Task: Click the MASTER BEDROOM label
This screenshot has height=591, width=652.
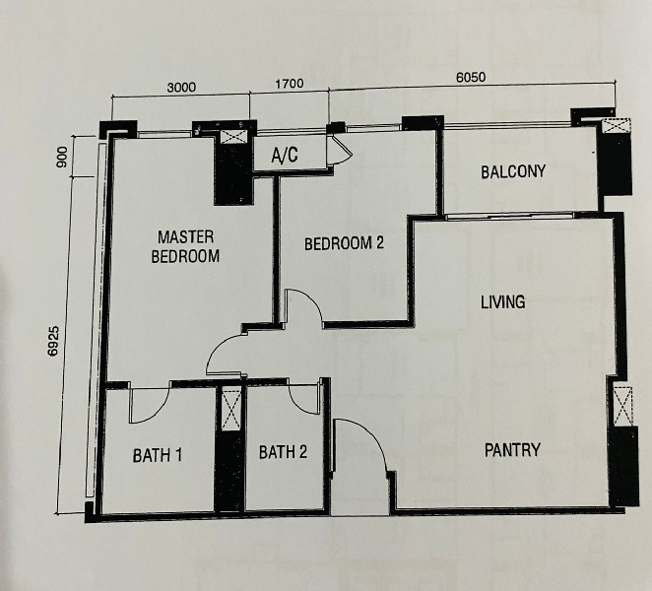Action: [x=185, y=246]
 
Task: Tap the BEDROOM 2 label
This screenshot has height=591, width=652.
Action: [x=344, y=243]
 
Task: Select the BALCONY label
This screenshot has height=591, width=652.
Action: [x=513, y=171]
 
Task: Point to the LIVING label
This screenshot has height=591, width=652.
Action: [x=502, y=302]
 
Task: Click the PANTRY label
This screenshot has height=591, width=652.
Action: [x=512, y=450]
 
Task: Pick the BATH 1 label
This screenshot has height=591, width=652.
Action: [x=158, y=455]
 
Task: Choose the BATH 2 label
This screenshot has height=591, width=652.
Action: [x=283, y=452]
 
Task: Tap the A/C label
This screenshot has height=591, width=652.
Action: [x=285, y=155]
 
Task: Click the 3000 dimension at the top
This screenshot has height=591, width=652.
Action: [x=181, y=88]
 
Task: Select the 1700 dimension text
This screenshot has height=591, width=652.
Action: [x=289, y=83]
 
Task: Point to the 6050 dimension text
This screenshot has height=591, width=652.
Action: [x=471, y=78]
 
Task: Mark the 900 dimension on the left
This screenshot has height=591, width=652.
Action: [x=62, y=157]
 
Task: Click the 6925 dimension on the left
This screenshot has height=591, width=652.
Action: [x=53, y=341]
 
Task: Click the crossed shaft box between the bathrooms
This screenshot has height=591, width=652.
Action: [x=231, y=409]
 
